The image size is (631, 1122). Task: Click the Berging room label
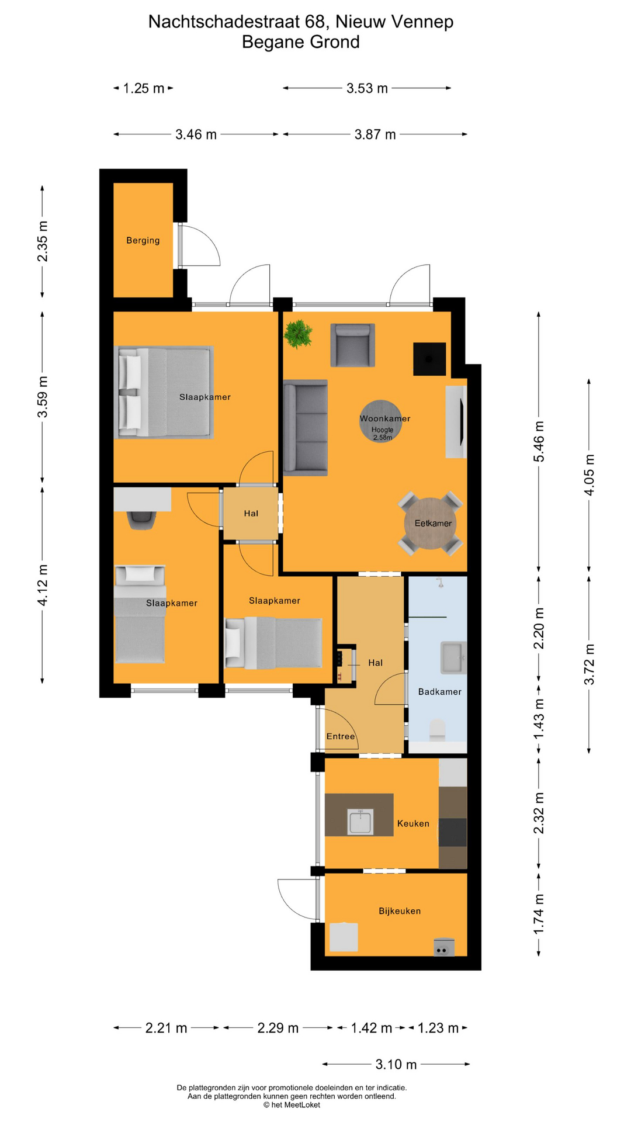tap(143, 240)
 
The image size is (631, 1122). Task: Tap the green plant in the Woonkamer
tap(298, 334)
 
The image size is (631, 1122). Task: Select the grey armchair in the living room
tap(352, 345)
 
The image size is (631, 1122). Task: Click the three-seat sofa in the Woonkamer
tap(305, 427)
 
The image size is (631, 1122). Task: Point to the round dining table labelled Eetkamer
tap(431, 523)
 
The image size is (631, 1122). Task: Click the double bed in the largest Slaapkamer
tap(165, 392)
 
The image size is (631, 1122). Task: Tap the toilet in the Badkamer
tap(437, 729)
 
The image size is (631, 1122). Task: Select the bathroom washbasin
tap(453, 658)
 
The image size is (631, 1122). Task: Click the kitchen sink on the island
tap(360, 821)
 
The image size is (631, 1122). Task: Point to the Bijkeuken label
tap(400, 910)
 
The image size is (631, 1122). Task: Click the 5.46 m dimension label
tap(539, 441)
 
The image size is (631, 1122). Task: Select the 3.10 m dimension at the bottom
tap(396, 1064)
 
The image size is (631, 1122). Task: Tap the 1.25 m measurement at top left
tap(144, 88)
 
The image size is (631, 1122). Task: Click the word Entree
tap(341, 736)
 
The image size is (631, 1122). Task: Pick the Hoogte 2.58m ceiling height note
tap(383, 434)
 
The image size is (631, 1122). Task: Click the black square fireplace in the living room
tap(429, 359)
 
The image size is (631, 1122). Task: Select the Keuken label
tap(413, 823)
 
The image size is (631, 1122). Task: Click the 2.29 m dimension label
tap(278, 1027)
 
